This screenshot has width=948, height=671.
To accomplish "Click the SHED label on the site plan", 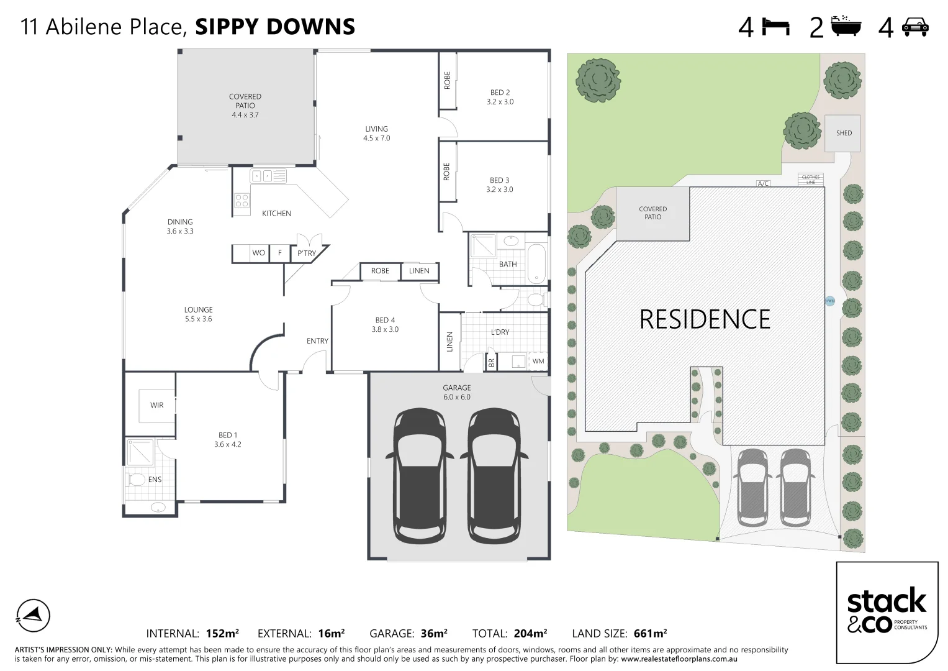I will point(844,133).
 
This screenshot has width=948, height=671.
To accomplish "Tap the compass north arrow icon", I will point(32,616).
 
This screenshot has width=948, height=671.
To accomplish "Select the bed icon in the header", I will point(776,27).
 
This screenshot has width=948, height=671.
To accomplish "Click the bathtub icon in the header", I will point(847,27).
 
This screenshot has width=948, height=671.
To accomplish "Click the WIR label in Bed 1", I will point(157,405).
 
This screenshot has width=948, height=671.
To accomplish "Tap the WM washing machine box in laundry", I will point(538,361).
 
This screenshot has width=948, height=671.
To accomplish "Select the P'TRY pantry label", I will point(306,253).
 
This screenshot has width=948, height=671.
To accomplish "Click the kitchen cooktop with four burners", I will point(242,201).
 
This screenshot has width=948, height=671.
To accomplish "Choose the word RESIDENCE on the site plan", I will point(705,319).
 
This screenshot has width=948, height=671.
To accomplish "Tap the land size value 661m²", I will point(650,634).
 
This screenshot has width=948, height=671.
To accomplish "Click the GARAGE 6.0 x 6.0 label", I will point(457,392).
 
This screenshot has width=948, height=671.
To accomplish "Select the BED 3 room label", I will point(500,185).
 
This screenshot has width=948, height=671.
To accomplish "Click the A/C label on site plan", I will point(763,183).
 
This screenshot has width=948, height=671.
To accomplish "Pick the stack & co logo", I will point(887,611).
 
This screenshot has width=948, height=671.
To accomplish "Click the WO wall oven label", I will point(258,253).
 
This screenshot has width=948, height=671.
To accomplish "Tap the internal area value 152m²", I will point(222,634).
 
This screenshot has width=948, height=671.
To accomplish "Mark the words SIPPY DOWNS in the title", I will point(275,27).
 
